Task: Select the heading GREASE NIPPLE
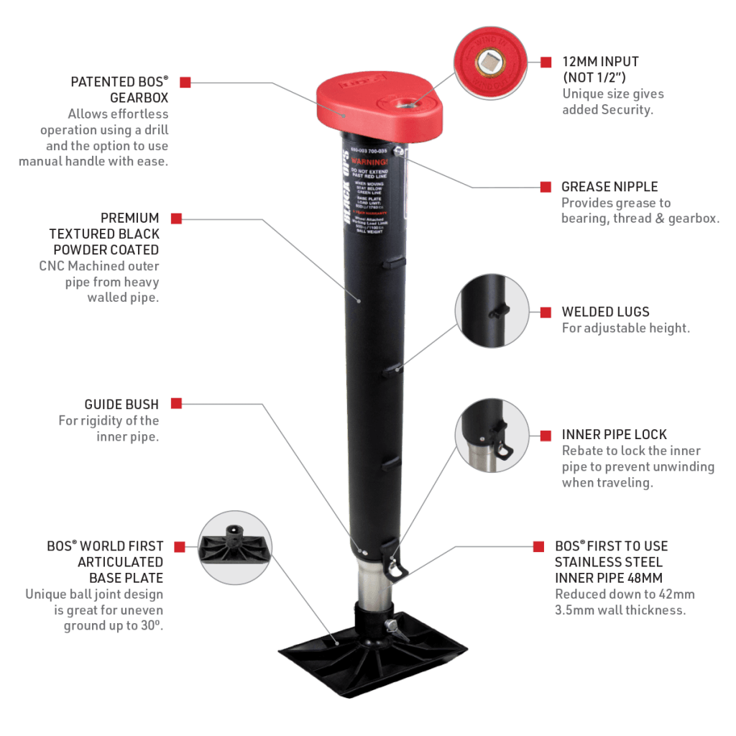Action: [x=609, y=187]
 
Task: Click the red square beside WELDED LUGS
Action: [x=546, y=311]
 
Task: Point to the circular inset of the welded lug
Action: [x=492, y=310]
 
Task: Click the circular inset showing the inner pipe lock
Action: [x=492, y=435]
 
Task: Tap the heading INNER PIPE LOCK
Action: [x=615, y=435]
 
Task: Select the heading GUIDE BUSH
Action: [x=122, y=405]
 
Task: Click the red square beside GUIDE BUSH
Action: [x=176, y=404]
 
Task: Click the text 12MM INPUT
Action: [x=600, y=62]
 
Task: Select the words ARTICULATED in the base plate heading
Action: [x=121, y=562]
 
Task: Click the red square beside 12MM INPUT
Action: [x=546, y=62]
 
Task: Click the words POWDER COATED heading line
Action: [x=106, y=249]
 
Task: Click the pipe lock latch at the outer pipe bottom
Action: [x=394, y=561]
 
